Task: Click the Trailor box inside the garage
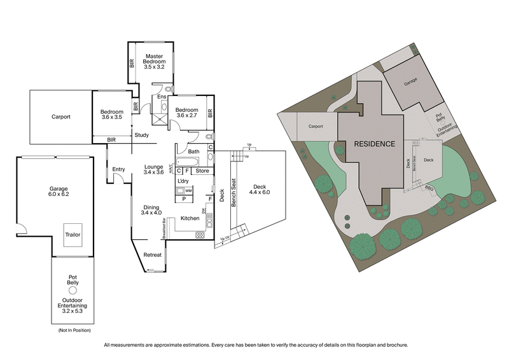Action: point(73,234)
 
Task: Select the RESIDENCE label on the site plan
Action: point(374,144)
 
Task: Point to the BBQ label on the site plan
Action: point(431,187)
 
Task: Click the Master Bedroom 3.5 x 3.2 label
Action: point(155,61)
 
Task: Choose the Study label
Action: point(141,135)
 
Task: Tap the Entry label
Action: point(118,169)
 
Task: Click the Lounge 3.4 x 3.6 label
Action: point(154,168)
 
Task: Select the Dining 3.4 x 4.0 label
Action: point(151,209)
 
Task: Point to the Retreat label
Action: point(152,254)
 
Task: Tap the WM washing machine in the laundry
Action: point(188,190)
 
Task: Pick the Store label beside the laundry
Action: point(202,171)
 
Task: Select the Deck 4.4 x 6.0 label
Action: point(260,188)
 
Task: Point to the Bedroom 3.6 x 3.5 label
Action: point(111,114)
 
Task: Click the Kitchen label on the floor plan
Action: point(190,218)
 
